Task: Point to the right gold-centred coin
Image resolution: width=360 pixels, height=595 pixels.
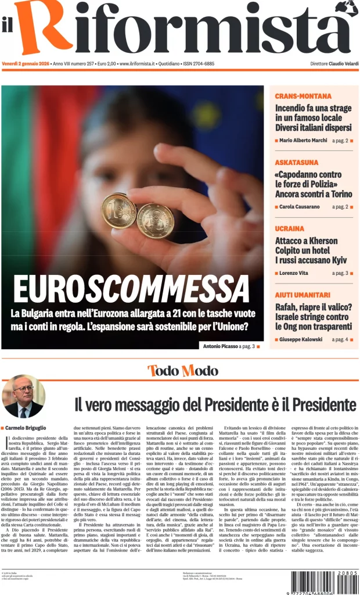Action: click(155, 221)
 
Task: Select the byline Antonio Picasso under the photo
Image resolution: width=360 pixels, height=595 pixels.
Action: click(219, 346)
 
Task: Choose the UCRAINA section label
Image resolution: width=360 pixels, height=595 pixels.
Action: click(289, 228)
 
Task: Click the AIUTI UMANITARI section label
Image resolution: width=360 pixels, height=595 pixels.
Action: click(303, 295)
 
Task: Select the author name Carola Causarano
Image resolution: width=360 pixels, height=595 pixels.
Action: click(299, 207)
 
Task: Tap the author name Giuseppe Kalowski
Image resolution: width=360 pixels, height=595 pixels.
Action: click(301, 339)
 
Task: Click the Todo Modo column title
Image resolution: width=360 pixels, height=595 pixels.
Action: click(182, 371)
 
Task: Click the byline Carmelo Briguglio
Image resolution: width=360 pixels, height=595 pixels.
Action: click(29, 428)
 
